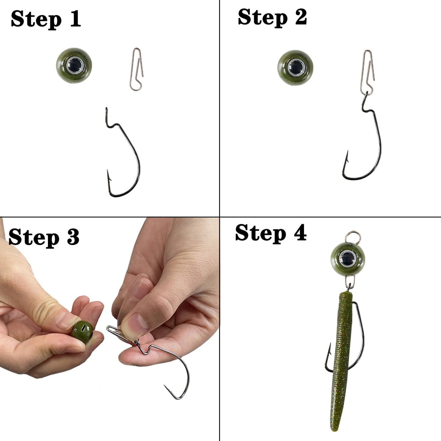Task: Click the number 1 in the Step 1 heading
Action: click(74, 19)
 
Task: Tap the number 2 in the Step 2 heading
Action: click(301, 17)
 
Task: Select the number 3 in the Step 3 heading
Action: click(73, 237)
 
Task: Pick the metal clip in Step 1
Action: click(136, 69)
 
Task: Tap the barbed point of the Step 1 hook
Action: click(108, 174)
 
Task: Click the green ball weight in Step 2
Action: click(295, 67)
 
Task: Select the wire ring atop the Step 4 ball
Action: click(353, 236)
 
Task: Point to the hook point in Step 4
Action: click(329, 346)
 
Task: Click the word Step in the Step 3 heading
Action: click(34, 237)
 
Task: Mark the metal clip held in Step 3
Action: click(116, 333)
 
